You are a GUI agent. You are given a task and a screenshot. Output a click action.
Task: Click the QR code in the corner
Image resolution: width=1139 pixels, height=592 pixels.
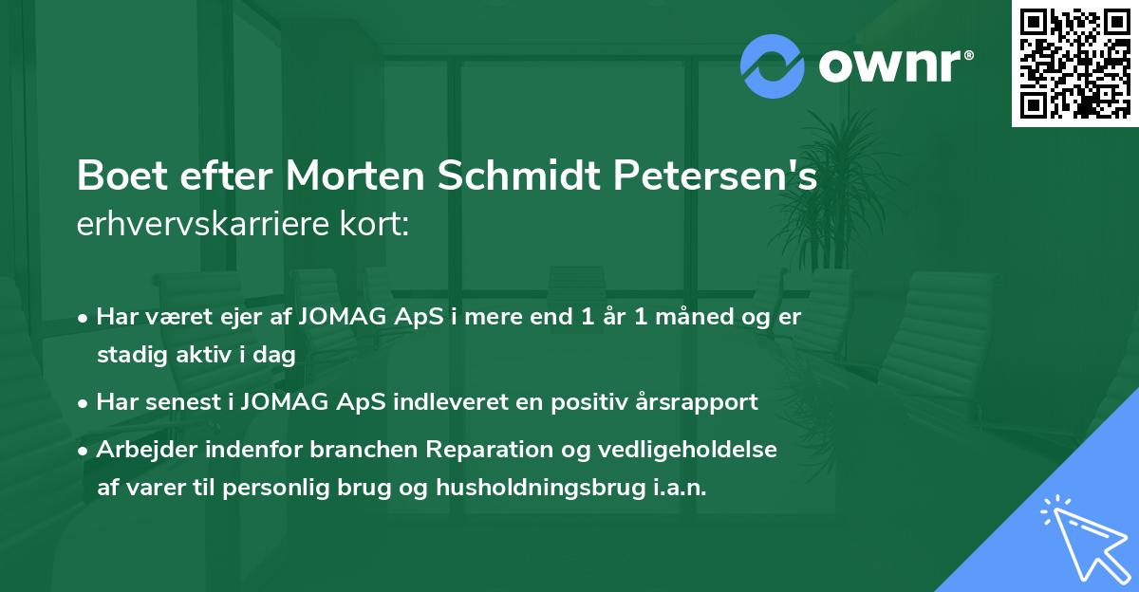point(1074,64)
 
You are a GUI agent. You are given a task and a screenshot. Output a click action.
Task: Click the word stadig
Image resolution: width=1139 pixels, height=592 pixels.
point(128,356)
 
